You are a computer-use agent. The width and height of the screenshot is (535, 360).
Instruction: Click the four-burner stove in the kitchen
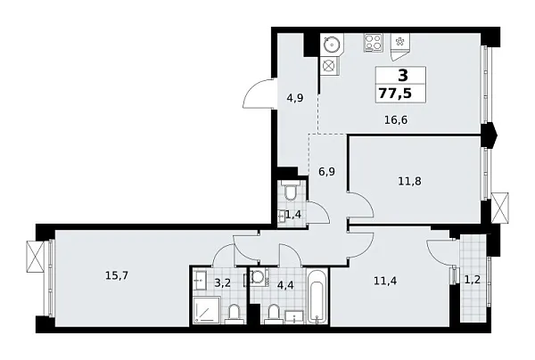coord(372,42)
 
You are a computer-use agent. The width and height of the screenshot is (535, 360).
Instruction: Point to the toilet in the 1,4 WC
coord(289,193)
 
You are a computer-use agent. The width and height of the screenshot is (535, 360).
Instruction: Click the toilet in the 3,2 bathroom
coord(234,312)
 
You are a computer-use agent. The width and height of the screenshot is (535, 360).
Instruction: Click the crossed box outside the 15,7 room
coord(36,257)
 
